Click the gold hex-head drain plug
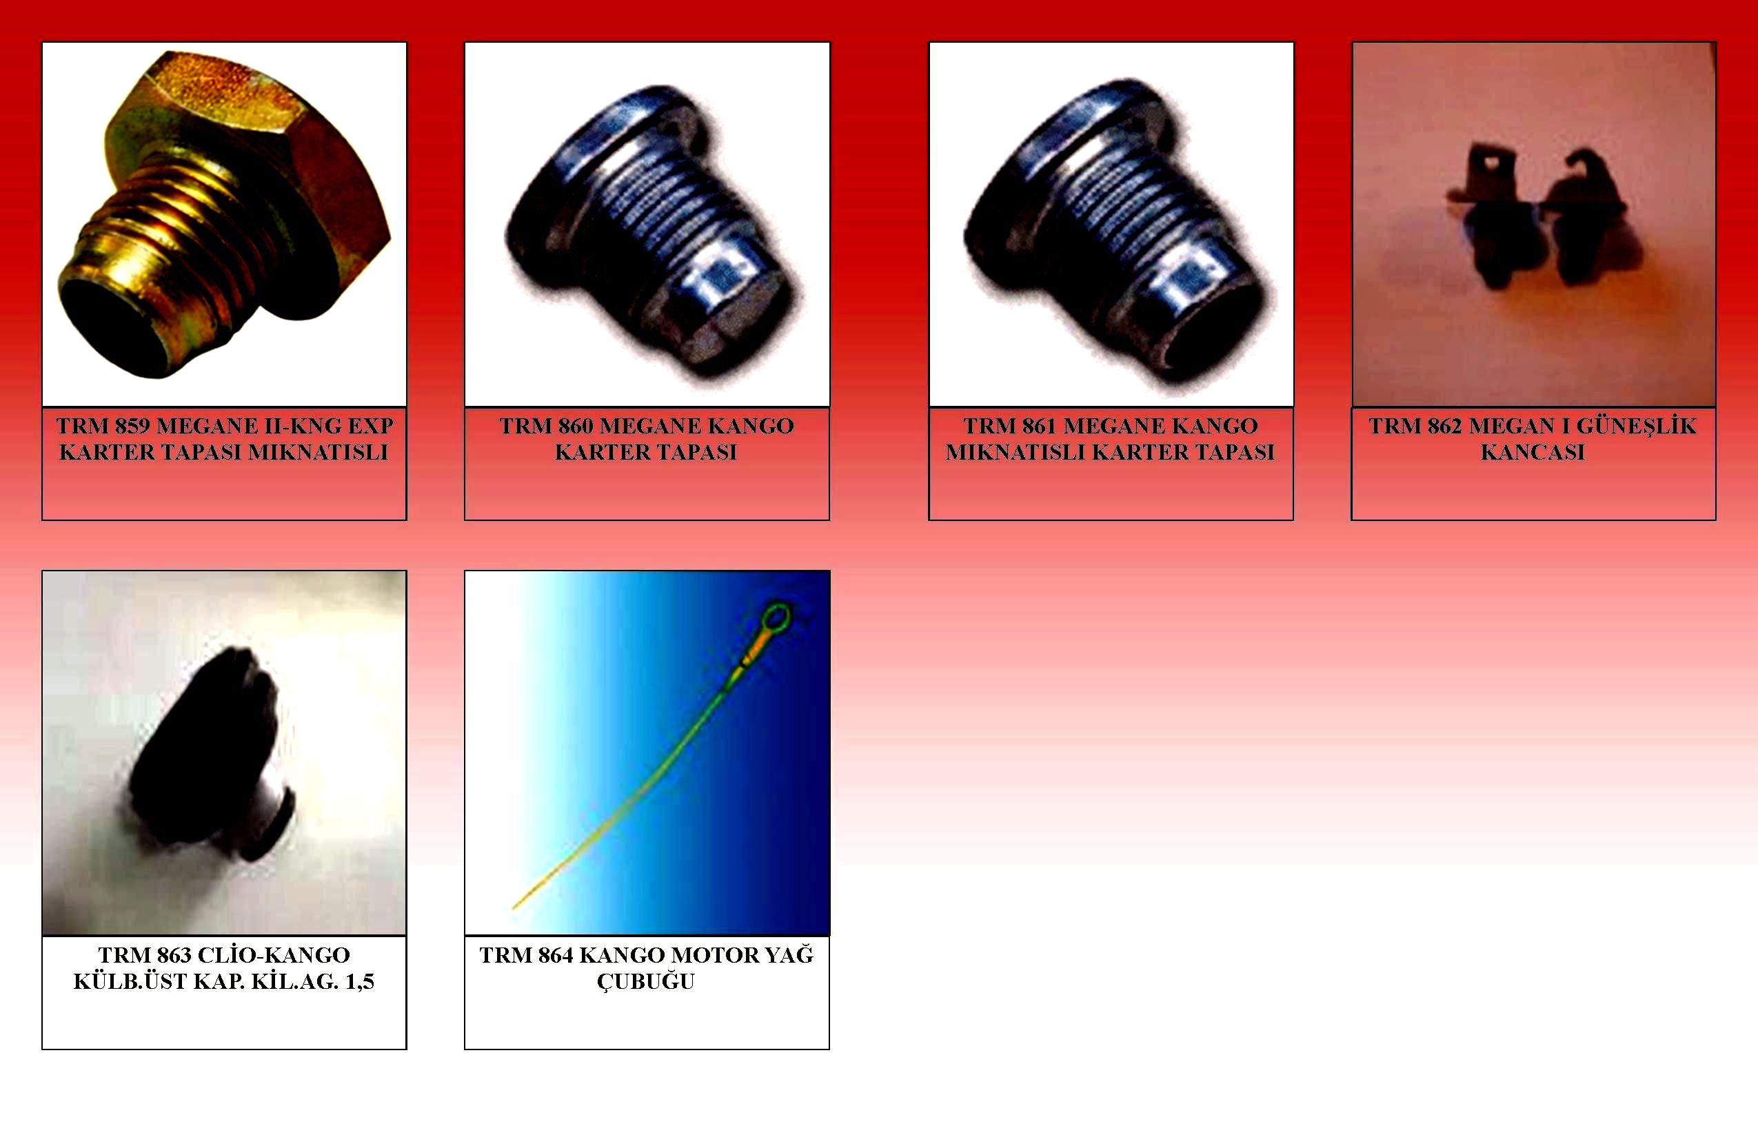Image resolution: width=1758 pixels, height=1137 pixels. pyautogui.click(x=221, y=214)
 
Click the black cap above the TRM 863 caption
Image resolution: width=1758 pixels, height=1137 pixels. pyautogui.click(x=214, y=753)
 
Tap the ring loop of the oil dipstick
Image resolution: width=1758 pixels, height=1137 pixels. pyautogui.click(x=776, y=617)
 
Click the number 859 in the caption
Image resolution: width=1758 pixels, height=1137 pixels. pyautogui.click(x=132, y=426)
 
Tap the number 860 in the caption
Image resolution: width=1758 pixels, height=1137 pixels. pyautogui.click(x=576, y=426)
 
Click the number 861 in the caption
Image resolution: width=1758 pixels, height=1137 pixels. pyautogui.click(x=1040, y=426)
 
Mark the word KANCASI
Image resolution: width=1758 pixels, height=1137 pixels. pyautogui.click(x=1533, y=453)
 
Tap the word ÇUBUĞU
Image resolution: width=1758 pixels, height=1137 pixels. pyautogui.click(x=647, y=983)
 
